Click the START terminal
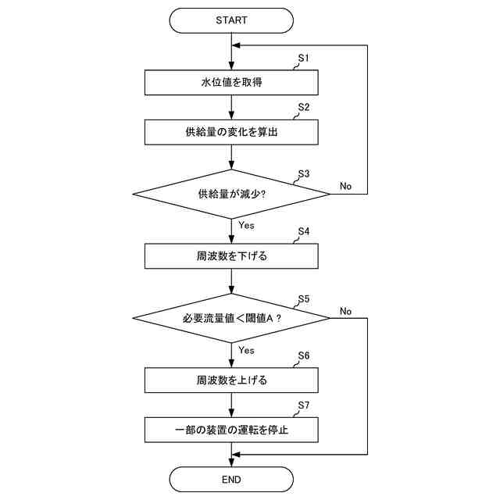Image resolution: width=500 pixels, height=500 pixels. point(231,20)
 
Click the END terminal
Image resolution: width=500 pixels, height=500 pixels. point(231,479)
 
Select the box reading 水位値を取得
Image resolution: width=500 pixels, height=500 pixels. point(231,82)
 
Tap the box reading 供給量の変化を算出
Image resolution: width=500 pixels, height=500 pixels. point(231,132)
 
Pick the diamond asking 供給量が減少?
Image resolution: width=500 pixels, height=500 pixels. point(231,193)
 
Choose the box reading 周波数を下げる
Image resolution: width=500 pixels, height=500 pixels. point(231,255)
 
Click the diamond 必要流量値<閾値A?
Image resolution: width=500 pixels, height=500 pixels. point(231,318)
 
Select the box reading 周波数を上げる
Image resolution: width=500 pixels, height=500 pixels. point(231,380)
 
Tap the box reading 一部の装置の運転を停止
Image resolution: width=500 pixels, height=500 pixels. point(231,429)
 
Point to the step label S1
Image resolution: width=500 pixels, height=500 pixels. point(304,59)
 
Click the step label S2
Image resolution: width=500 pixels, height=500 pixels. point(304,107)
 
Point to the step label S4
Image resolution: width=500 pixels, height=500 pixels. point(304,232)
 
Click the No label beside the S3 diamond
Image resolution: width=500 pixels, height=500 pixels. point(345,186)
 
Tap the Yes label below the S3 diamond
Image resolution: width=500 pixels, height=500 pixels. point(246,225)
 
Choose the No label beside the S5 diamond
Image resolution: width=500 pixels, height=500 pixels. point(345,311)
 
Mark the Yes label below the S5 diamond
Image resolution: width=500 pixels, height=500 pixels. point(246,350)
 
